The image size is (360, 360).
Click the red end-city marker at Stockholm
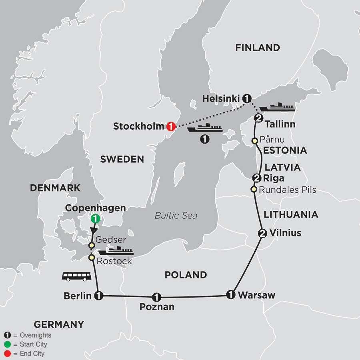(x=170, y=126)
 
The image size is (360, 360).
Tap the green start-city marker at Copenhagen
(x=95, y=218)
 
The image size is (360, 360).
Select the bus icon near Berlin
(x=76, y=276)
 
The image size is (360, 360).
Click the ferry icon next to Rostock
(x=116, y=251)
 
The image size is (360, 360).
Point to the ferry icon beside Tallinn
(x=277, y=107)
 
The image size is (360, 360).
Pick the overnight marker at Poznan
(x=156, y=297)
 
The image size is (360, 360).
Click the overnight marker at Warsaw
(x=230, y=294)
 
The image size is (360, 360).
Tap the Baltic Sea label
(x=176, y=216)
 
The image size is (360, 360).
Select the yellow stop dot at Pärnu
(x=254, y=141)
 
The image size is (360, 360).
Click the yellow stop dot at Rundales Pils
(x=253, y=189)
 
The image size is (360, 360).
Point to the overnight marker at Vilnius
(x=262, y=233)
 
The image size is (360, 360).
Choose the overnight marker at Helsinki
(x=247, y=98)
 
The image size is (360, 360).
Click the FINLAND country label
(x=257, y=48)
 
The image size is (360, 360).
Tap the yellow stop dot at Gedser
(x=92, y=245)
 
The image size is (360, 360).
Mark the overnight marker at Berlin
(x=98, y=296)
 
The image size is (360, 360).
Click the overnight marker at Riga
(x=257, y=178)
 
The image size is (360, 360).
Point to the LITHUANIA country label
(x=291, y=215)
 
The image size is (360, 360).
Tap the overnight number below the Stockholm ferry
(x=205, y=139)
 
